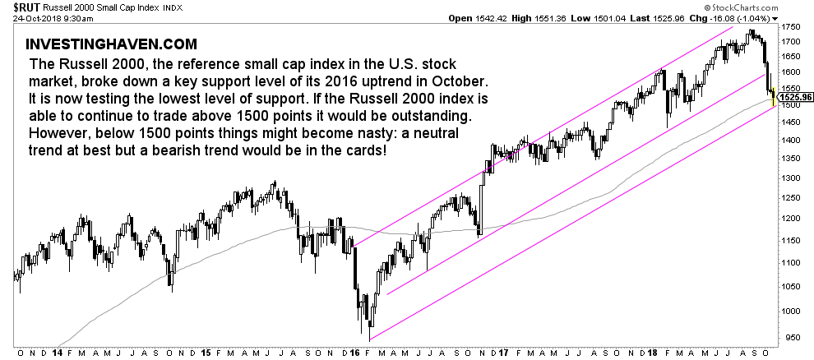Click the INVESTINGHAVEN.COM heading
point(111,44)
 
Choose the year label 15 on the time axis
point(206,353)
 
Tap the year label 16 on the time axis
point(354,353)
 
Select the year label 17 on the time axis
point(503,353)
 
